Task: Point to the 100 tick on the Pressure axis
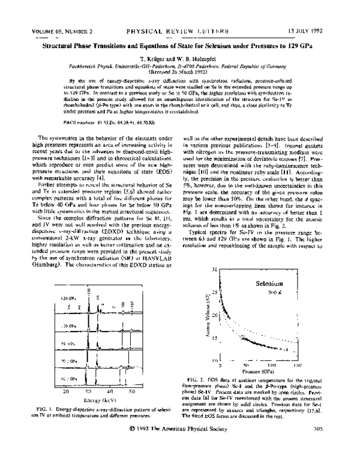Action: pos(272,365)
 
